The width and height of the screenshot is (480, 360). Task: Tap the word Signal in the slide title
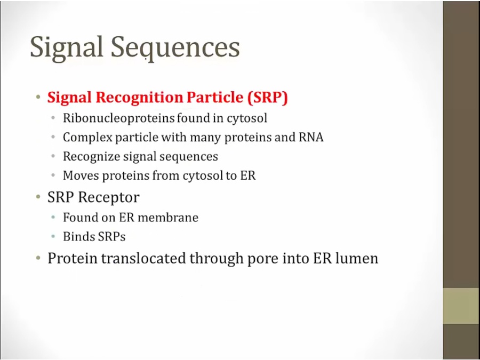tap(66, 47)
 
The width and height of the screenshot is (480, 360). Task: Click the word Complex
tap(87, 138)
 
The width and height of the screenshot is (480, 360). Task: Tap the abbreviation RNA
tap(311, 137)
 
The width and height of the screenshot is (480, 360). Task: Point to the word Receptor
tap(109, 197)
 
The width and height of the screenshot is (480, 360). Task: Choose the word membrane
tap(168, 218)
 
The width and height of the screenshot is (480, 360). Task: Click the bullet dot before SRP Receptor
tap(38, 197)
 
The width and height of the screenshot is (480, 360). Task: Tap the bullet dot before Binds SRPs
tap(53, 237)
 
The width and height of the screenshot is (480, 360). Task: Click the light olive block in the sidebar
tap(461, 306)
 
